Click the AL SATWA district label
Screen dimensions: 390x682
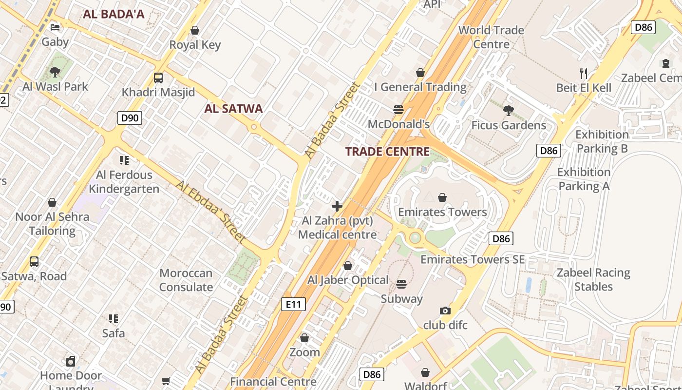click(233, 109)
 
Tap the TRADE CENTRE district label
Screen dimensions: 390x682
click(387, 152)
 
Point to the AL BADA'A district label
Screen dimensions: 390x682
click(114, 14)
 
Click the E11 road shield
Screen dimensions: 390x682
click(293, 305)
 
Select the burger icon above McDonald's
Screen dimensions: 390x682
click(398, 110)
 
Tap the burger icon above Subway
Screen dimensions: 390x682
click(401, 284)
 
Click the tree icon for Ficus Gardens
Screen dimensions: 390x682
click(509, 111)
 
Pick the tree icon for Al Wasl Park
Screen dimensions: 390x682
click(55, 72)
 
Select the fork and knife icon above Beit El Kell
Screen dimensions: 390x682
click(584, 74)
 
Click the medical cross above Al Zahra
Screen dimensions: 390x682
click(337, 206)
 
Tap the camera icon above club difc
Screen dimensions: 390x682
click(445, 311)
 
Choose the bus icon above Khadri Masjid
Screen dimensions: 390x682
click(158, 78)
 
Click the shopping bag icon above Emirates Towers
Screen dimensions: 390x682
click(442, 197)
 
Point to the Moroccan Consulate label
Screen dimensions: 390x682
click(186, 280)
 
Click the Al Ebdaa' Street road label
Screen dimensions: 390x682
click(210, 212)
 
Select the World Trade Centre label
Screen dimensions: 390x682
click(491, 37)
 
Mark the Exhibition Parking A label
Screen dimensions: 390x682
click(584, 179)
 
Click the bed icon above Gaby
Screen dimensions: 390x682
click(55, 27)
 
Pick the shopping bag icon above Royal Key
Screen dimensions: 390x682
click(195, 31)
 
